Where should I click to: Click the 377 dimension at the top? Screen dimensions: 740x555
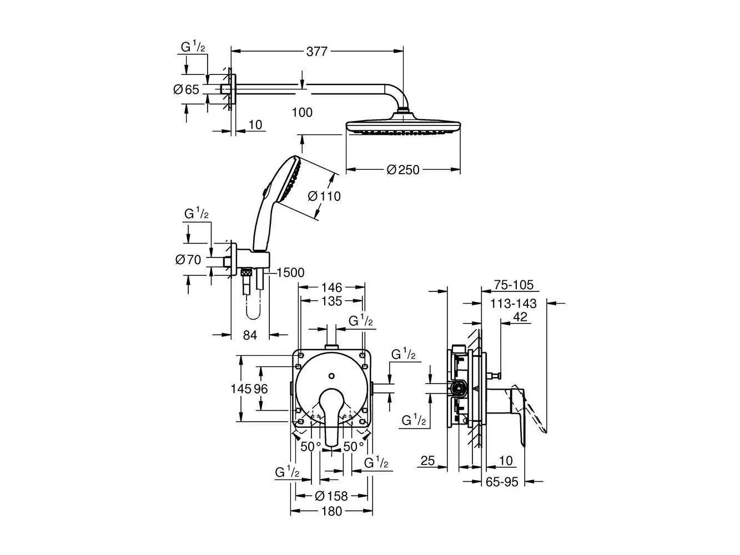coord(316,52)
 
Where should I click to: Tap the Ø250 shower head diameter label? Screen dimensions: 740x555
coord(403,169)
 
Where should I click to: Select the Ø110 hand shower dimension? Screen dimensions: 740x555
coord(324,196)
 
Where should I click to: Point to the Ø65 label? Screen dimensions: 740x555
coord(186,90)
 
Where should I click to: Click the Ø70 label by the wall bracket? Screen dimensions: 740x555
coord(188,260)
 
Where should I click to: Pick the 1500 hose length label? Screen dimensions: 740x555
coord(290,273)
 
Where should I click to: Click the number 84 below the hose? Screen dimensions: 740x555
coord(250,335)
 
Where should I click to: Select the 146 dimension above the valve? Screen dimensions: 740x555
coord(332,287)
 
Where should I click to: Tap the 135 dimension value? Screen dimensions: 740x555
coord(332,301)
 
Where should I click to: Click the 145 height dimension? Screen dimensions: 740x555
coord(241,389)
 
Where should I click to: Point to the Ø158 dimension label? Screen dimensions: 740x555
coord(331,496)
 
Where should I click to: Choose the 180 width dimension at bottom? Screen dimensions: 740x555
coord(332,511)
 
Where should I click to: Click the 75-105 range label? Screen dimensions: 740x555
coord(514,285)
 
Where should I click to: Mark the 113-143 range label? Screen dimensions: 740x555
coord(513,304)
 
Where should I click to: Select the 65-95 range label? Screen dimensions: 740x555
coord(502,482)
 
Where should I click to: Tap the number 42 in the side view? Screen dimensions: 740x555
coord(520,317)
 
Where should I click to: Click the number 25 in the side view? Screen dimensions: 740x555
coord(428,461)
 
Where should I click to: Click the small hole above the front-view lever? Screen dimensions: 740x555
coord(331,376)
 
